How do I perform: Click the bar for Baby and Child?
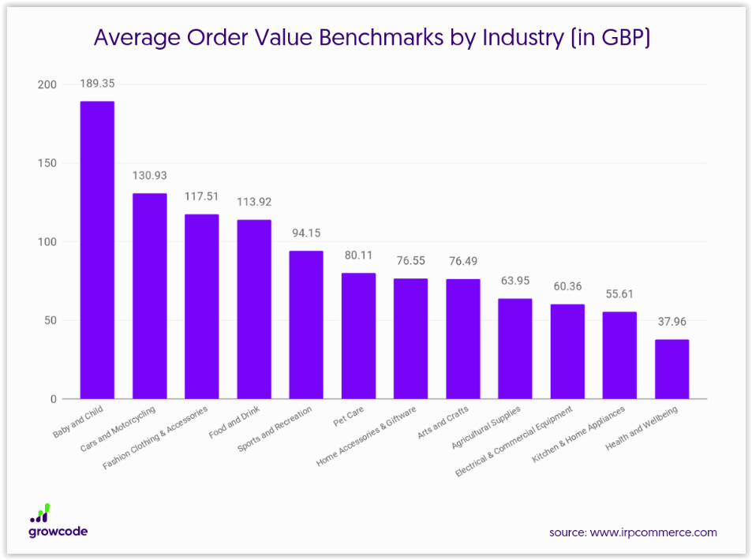click(97, 250)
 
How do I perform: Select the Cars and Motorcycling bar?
click(150, 296)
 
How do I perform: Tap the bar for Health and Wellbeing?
click(672, 369)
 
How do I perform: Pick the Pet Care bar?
click(358, 336)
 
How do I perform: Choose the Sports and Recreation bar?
click(306, 325)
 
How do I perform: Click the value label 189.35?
click(97, 84)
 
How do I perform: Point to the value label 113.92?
click(254, 202)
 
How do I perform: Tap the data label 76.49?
click(463, 261)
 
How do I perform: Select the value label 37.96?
click(672, 322)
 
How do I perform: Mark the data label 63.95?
click(515, 281)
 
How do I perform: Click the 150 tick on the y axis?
click(47, 163)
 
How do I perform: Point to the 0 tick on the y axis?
click(53, 399)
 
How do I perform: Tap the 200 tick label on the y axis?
click(47, 84)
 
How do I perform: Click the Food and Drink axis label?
click(234, 422)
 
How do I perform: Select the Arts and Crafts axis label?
click(443, 422)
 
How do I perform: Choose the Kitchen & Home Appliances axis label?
click(578, 434)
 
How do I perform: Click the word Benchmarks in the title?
click(381, 37)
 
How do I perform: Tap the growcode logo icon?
click(40, 513)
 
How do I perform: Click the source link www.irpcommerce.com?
click(653, 532)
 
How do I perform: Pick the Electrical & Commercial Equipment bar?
click(567, 352)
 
